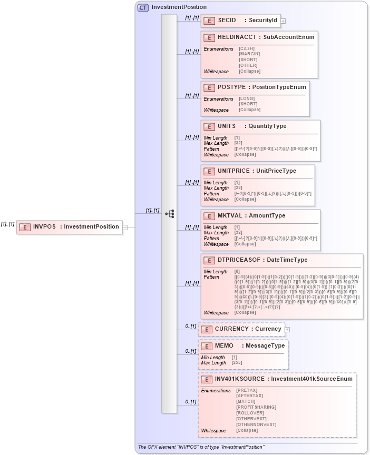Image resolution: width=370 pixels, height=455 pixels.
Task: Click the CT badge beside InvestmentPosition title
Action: click(143, 7)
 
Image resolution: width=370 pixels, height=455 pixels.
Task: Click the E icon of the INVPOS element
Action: click(24, 227)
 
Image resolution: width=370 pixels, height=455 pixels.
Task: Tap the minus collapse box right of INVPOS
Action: click(125, 227)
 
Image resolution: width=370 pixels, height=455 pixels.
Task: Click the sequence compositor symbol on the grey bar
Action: click(169, 213)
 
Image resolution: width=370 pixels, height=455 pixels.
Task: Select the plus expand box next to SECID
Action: click(283, 21)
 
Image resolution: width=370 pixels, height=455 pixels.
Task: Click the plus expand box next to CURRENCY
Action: click(287, 330)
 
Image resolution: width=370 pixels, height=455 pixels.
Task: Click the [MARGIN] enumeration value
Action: click(249, 54)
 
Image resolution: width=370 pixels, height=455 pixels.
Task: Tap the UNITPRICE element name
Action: click(235, 171)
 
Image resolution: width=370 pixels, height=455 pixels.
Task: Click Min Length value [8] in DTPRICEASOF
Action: click(237, 272)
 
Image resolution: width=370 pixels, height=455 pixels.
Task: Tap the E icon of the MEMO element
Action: click(206, 346)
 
